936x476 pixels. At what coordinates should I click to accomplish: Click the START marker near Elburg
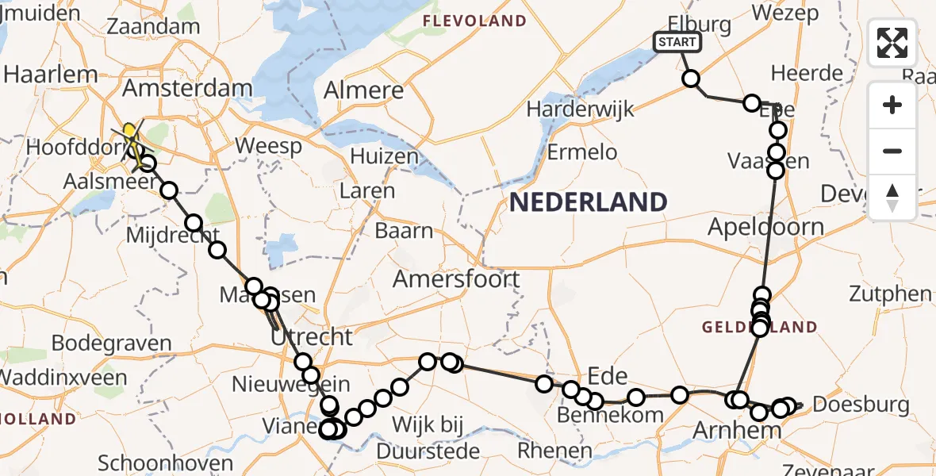(x=677, y=42)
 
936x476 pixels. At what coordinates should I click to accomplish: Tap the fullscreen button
(x=892, y=43)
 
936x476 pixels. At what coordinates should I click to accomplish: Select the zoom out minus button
(x=892, y=151)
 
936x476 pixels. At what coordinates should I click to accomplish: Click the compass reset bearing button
(x=892, y=197)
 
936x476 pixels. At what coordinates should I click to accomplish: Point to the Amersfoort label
(x=456, y=279)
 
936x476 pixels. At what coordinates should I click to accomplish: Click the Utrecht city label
(x=312, y=336)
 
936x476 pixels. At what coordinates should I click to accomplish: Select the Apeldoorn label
(x=766, y=228)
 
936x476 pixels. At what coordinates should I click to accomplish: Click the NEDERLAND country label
(x=588, y=202)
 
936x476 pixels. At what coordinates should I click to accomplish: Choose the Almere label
(x=364, y=90)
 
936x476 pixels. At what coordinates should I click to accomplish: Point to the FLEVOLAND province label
(x=474, y=21)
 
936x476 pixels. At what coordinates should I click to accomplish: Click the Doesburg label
(x=861, y=405)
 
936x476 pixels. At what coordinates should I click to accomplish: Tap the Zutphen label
(x=890, y=294)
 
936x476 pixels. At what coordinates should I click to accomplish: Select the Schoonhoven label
(x=166, y=463)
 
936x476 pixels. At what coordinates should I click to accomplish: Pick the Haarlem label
(x=51, y=75)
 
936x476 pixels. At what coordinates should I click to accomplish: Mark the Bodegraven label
(x=112, y=344)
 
